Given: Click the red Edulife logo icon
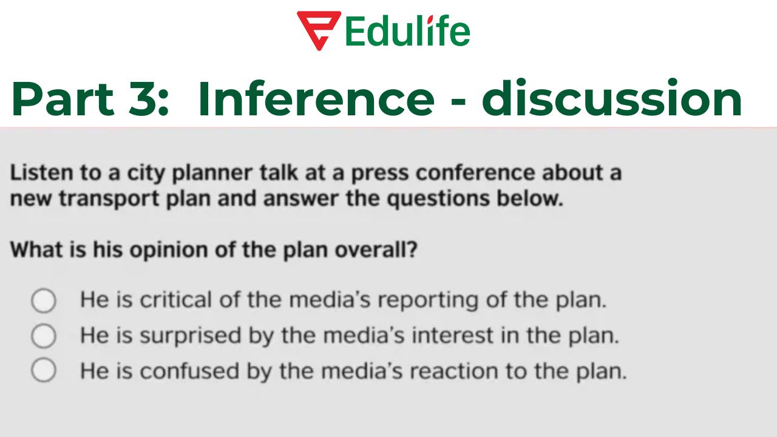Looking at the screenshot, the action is [x=319, y=30].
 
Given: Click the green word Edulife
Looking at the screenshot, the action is [x=408, y=31].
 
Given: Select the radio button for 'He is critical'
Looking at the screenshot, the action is [x=44, y=300].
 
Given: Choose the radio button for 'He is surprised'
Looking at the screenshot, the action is [x=44, y=336].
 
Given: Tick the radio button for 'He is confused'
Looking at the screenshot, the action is [x=44, y=370].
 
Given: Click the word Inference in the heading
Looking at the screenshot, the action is [x=316, y=99].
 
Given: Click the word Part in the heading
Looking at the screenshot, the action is [x=63, y=99].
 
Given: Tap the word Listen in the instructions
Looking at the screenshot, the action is [x=42, y=172].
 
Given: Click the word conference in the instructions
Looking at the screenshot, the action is [x=476, y=172].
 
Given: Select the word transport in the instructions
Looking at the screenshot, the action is [x=109, y=200].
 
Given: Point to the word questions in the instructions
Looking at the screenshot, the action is [x=439, y=200].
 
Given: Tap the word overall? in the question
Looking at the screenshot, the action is [x=376, y=249].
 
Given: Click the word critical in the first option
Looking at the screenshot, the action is [x=176, y=299].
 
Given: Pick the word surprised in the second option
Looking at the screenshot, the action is [x=191, y=336].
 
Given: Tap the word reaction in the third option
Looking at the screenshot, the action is [x=455, y=371].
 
